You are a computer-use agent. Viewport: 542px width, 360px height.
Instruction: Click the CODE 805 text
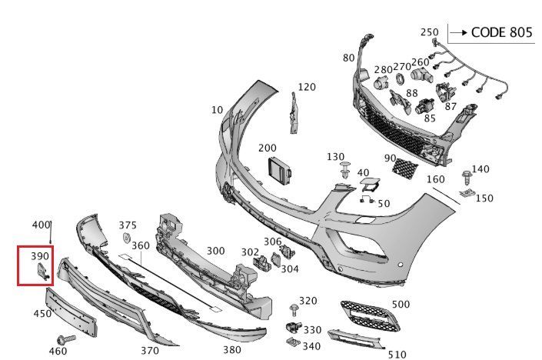500,33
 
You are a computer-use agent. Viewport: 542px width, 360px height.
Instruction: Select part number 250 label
429,32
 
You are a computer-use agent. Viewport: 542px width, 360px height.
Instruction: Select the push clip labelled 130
346,172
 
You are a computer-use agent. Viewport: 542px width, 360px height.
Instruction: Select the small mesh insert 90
403,165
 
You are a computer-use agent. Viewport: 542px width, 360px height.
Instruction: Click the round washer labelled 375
126,239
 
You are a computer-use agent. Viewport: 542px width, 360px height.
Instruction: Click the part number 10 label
218,110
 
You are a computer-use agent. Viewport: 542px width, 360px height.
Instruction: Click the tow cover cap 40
370,183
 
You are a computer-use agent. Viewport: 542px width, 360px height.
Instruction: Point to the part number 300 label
215,251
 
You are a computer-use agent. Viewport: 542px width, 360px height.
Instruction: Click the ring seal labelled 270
400,78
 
